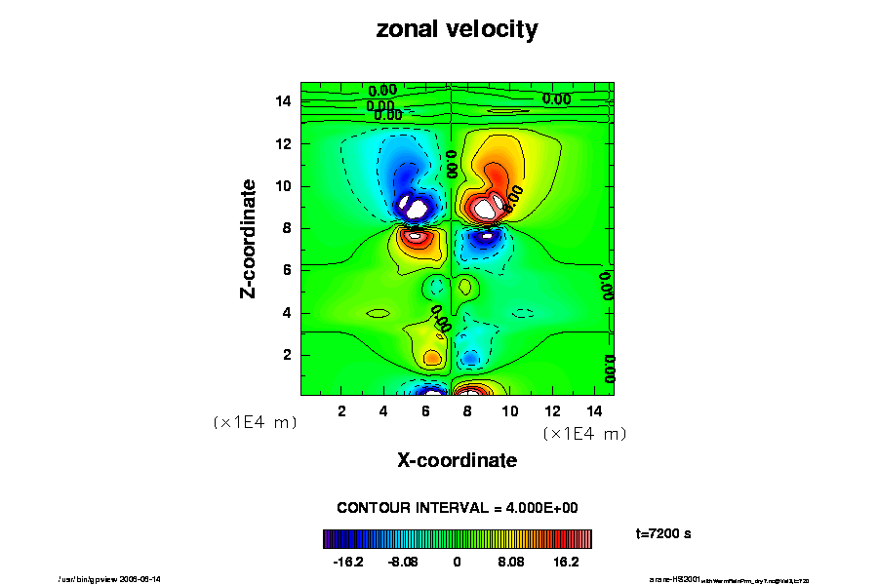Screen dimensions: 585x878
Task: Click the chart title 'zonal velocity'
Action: pos(457,30)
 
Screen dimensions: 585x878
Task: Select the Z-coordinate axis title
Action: pos(250,238)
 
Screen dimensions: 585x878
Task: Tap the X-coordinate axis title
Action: pos(457,459)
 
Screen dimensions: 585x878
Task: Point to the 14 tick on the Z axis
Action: pos(284,101)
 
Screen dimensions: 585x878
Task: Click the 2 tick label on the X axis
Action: pos(342,410)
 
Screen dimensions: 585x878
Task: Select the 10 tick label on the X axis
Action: pos(510,410)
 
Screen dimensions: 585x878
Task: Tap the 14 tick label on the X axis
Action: pos(594,410)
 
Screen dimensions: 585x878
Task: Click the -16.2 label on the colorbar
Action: pos(348,563)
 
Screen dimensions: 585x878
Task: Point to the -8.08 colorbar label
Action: pos(402,563)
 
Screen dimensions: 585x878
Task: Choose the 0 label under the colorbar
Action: pos(457,563)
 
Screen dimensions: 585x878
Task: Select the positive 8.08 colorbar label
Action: pos(511,563)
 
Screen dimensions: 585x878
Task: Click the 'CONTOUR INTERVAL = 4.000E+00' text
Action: pos(458,508)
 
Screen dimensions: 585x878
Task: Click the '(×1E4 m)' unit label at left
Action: pos(255,422)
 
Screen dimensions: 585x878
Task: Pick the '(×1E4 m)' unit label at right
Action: pos(584,433)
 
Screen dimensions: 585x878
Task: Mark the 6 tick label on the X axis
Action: pos(426,410)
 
